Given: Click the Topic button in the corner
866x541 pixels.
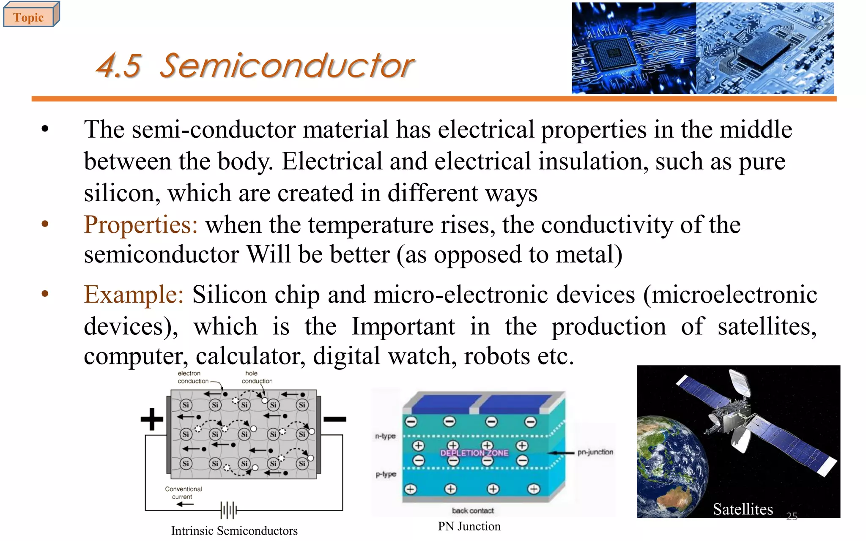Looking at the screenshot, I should coord(29,17).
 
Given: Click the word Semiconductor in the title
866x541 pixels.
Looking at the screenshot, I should coord(287,66).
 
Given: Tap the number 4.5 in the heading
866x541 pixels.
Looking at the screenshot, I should coord(118,67).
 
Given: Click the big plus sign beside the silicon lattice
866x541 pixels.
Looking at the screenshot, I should coord(152,419).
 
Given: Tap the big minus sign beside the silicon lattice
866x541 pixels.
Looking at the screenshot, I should coord(334,419).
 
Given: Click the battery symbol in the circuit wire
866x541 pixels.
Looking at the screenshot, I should coord(229,510).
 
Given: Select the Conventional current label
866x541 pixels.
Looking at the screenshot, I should coord(183,493).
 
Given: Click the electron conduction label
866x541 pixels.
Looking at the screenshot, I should coord(193,377).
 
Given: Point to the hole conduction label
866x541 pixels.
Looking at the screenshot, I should coord(256,377).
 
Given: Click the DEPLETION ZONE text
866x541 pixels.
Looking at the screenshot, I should coord(474,453).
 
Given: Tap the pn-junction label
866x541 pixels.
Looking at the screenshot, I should coord(595,452).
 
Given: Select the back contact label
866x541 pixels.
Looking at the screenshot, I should coord(473,511).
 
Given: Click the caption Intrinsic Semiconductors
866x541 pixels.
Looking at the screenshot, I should coord(234,531).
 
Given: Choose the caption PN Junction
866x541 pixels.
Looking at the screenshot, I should coord(469,526).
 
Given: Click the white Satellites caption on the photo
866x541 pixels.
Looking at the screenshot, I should coord(743,509).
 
